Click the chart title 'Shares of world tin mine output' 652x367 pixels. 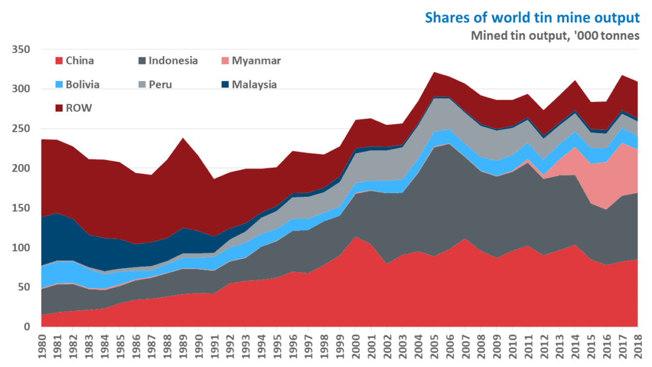pyautogui.click(x=532, y=17)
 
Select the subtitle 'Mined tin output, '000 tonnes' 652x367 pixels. pyautogui.click(x=555, y=35)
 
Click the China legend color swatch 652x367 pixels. pyautogui.click(x=59, y=60)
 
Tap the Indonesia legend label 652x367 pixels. pyautogui.click(x=173, y=60)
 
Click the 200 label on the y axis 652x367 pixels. pyautogui.click(x=22, y=168)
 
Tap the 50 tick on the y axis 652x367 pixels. pyautogui.click(x=25, y=287)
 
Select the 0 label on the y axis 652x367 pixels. pyautogui.click(x=27, y=327)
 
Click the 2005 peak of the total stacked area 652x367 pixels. pyautogui.click(x=433, y=73)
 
